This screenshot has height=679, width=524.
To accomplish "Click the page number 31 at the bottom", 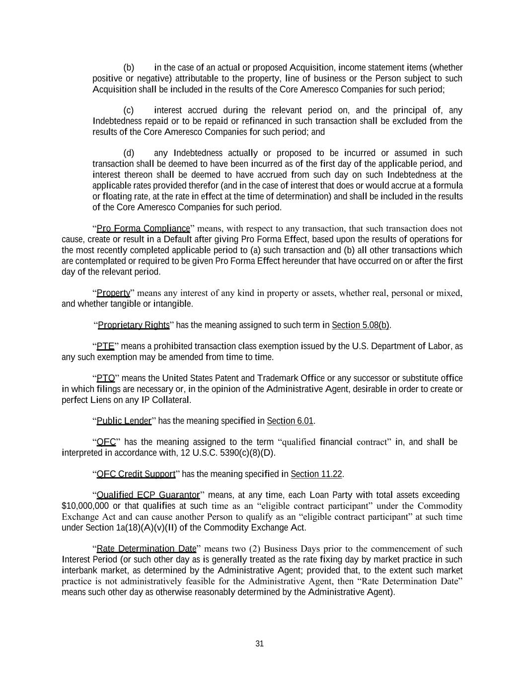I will coord(259,644).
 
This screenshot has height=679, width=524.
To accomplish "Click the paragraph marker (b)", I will coord(129,68).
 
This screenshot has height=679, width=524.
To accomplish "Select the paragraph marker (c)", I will coord(129,110).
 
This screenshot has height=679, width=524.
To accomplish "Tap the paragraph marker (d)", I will coord(129,153).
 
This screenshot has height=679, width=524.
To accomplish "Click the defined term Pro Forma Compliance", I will coord(143,229).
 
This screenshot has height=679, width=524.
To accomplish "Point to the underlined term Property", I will coord(113,293).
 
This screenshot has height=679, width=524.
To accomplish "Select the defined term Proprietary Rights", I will coord(134,325).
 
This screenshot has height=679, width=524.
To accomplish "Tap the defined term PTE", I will coord(105,346).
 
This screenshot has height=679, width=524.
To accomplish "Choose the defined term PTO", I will coord(106,379).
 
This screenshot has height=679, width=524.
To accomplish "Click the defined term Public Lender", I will coord(124,421).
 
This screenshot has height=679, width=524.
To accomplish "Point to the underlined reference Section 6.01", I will coord(290,421).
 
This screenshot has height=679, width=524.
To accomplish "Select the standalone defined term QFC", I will coord(106,442).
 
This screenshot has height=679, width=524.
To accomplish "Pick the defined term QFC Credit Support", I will coord(136,474).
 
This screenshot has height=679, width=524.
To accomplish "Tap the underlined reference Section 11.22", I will coord(316,474).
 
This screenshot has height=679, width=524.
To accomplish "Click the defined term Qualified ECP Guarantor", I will coord(148,495).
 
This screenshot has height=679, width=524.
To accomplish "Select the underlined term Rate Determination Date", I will coord(147,549).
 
